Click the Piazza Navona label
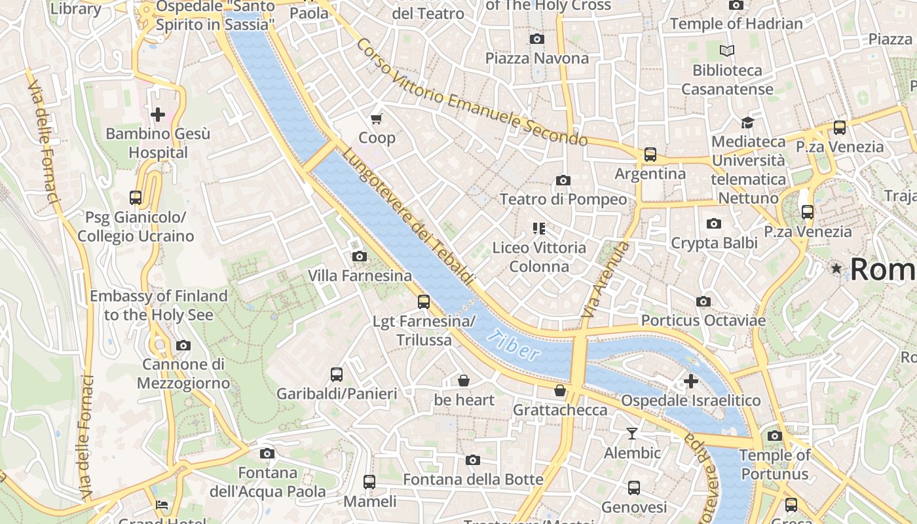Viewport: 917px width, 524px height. (536, 58)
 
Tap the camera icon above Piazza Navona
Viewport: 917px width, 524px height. (536, 39)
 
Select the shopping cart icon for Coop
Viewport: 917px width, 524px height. (376, 119)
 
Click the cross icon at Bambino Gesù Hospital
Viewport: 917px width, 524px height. (158, 115)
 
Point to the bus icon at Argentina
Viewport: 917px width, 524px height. (650, 155)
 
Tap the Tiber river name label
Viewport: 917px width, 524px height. (515, 345)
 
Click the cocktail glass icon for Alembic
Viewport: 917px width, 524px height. (631, 434)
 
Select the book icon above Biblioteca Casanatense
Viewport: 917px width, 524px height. (727, 50)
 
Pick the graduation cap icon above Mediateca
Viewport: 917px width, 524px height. (747, 122)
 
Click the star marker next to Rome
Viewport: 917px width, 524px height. (836, 269)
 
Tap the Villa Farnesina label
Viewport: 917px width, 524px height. (360, 276)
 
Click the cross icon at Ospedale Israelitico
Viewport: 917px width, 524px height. (690, 381)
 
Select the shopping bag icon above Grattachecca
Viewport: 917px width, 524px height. (559, 391)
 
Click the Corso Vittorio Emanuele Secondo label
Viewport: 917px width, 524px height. (472, 92)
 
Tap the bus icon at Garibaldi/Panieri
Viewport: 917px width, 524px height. (337, 375)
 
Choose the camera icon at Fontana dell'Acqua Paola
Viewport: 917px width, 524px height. (267, 453)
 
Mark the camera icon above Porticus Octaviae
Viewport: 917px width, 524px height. (703, 301)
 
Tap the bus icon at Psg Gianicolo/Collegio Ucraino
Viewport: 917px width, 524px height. (136, 198)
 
